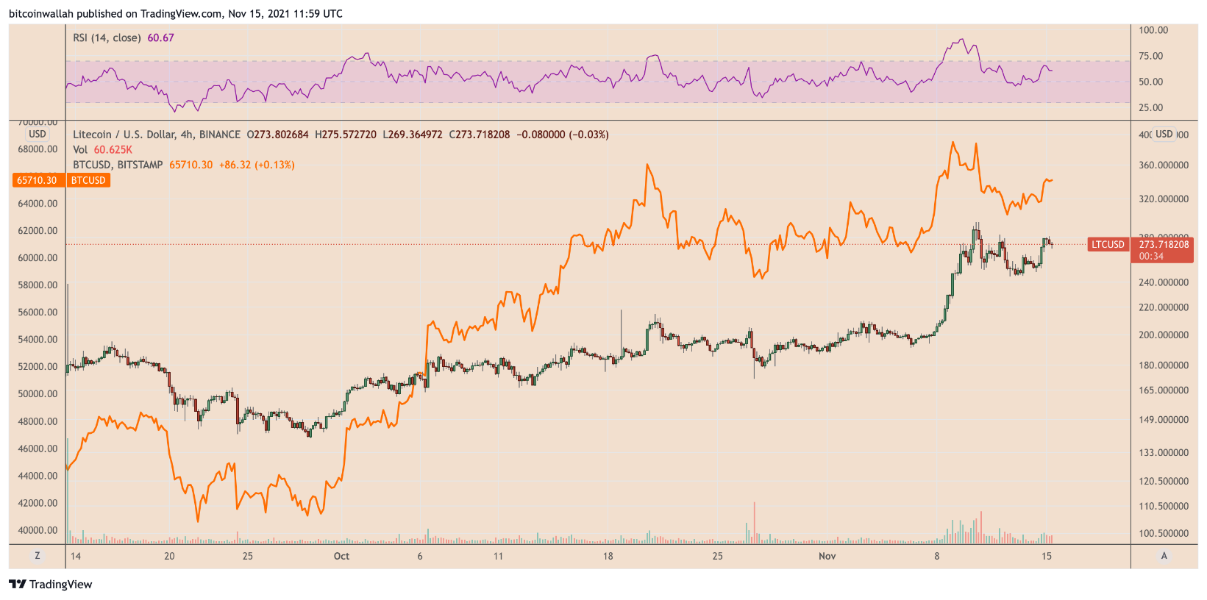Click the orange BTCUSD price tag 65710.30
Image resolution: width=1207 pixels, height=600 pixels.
click(x=37, y=180)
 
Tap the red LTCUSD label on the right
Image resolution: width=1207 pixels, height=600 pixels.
click(x=1108, y=244)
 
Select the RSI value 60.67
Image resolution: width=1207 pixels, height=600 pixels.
click(x=160, y=37)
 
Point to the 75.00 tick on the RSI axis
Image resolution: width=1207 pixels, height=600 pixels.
click(x=1150, y=56)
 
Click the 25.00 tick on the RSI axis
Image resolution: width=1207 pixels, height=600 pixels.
click(x=1150, y=107)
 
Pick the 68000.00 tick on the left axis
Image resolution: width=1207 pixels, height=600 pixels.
click(x=38, y=149)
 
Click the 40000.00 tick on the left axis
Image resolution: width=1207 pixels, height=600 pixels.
click(x=38, y=530)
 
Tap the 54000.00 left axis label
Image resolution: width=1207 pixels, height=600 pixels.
click(x=38, y=340)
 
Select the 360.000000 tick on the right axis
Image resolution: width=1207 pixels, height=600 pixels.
click(x=1164, y=165)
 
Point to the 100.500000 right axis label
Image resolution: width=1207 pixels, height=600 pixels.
click(x=1164, y=533)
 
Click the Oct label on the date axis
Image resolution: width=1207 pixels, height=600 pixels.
click(x=341, y=556)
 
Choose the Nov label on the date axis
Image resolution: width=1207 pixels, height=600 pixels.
click(x=827, y=556)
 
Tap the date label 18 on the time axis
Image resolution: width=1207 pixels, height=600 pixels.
click(x=608, y=556)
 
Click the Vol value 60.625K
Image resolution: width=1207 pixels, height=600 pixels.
click(x=113, y=150)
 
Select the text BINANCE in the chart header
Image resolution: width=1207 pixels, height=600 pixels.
click(x=219, y=135)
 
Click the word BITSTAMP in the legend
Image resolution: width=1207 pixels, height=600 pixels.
click(x=140, y=165)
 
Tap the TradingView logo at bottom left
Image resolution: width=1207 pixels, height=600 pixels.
click(x=51, y=585)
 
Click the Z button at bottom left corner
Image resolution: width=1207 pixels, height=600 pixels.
click(x=38, y=556)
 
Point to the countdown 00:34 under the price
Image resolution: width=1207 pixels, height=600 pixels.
click(x=1151, y=257)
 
